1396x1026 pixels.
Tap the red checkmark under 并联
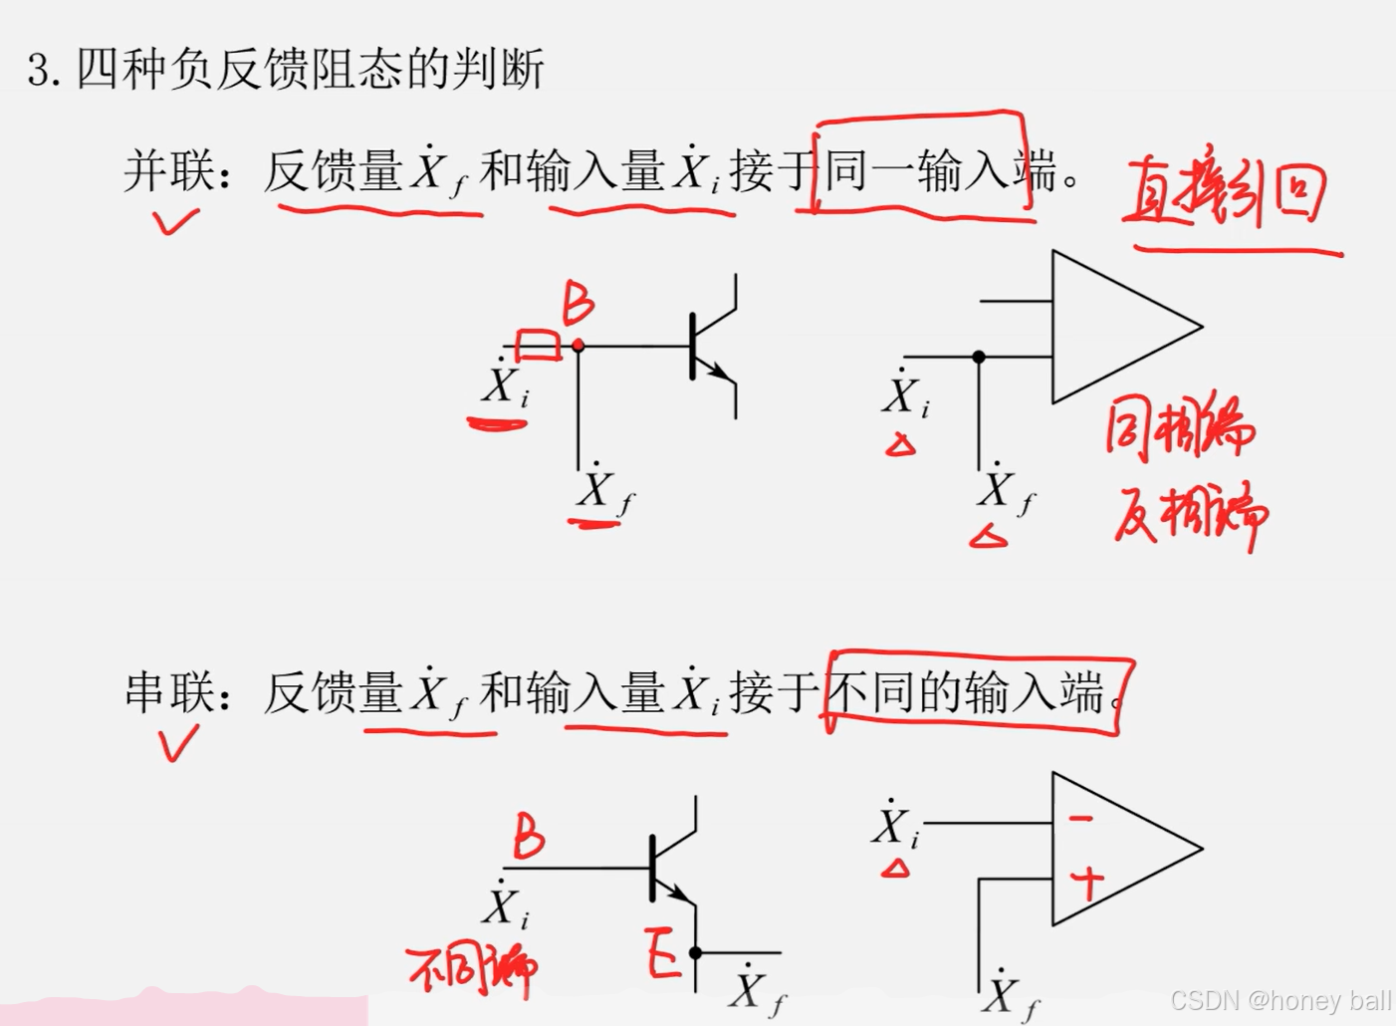point(175,220)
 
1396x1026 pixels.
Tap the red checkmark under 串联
point(178,742)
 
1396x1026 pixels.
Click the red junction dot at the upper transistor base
point(579,346)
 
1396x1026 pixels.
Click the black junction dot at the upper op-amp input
point(979,356)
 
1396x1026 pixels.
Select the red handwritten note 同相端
point(1180,430)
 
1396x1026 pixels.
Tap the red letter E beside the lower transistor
point(662,953)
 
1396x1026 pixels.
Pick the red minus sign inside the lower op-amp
point(1080,820)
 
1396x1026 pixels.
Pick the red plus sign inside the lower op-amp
point(1088,883)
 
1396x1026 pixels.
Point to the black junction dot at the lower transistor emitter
point(696,953)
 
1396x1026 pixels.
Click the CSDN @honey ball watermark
point(1281,1000)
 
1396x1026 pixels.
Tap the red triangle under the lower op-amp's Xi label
point(896,870)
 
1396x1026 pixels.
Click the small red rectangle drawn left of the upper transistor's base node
point(538,345)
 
